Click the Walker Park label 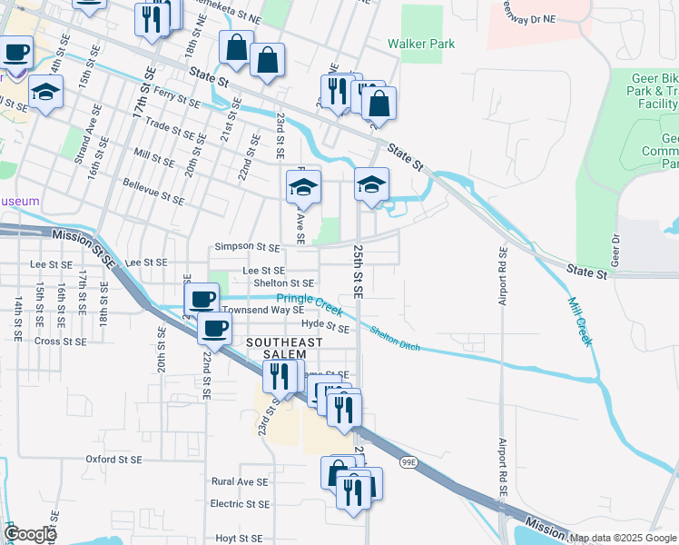click(419, 43)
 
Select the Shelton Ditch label click(395, 339)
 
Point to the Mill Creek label click(580, 322)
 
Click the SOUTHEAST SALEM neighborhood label click(284, 348)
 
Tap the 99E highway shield click(408, 462)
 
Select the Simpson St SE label click(246, 246)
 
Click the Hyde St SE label click(325, 324)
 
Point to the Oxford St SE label click(113, 460)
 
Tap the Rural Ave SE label click(239, 482)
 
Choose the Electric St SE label click(240, 503)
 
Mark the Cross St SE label click(60, 342)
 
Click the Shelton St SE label click(283, 282)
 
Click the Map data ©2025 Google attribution click(623, 538)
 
